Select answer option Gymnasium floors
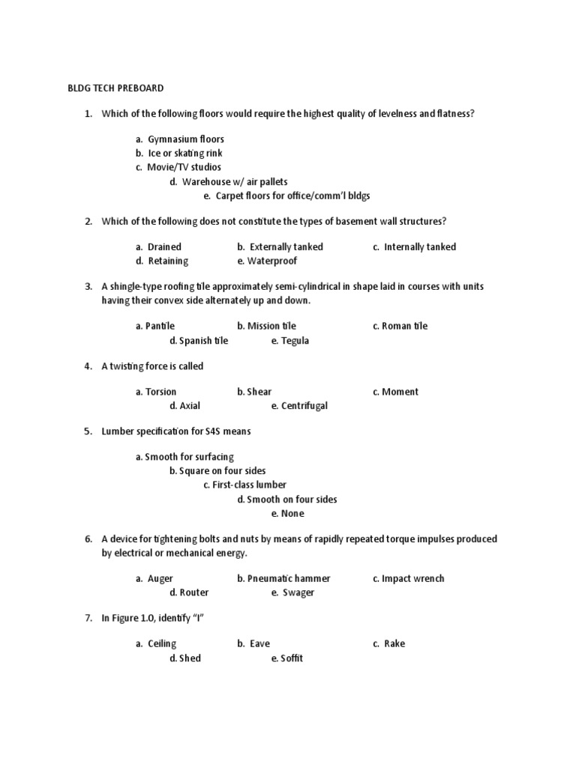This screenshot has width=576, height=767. point(185,139)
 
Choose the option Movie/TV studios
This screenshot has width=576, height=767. point(184,167)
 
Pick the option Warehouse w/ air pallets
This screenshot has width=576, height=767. point(233,181)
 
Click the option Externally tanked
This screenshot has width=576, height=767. point(286,246)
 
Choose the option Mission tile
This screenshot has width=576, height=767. point(271,326)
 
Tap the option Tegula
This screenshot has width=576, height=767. point(295,340)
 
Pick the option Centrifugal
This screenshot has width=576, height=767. point(304,406)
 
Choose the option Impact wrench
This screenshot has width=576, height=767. point(412,578)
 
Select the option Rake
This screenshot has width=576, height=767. point(394,643)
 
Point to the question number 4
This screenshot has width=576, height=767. point(88,366)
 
